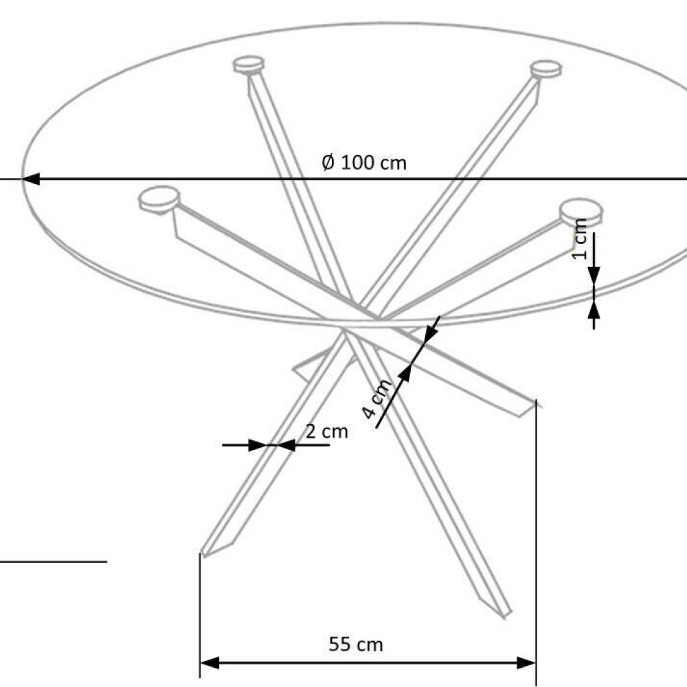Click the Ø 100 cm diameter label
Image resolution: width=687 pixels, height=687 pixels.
click(364, 163)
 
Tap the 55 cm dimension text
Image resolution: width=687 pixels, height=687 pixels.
click(356, 644)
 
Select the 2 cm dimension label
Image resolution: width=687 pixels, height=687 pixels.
click(327, 431)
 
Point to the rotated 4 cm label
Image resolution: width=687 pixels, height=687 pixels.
click(376, 398)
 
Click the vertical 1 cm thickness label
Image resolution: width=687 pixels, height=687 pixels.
click(580, 239)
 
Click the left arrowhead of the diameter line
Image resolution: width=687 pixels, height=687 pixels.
click(31, 179)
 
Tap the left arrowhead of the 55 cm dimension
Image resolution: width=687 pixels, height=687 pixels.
click(210, 663)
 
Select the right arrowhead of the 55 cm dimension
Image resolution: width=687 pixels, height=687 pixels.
click(526, 663)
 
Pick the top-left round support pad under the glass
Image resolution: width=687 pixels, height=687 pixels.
click(249, 65)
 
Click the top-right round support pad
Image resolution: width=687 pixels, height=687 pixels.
click(545, 69)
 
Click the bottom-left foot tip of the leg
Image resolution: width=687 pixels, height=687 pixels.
click(204, 554)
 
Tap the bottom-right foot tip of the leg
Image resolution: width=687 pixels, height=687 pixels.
click(508, 615)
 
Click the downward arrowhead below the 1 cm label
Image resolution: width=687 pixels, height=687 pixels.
click(594, 275)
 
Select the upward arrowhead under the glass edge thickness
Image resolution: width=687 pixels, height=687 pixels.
click(594, 311)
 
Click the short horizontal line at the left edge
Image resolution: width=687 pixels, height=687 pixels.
click(54, 561)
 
